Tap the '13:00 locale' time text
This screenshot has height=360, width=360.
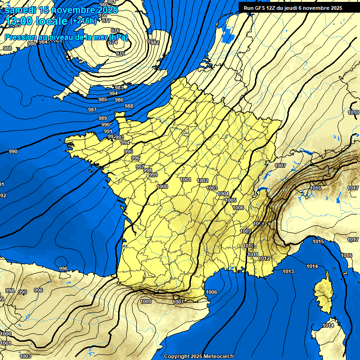pyautogui.click(x=36, y=21)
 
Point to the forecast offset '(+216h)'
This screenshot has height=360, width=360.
pyautogui.click(x=83, y=21)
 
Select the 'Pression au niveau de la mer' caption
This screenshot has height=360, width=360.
pyautogui.click(x=66, y=37)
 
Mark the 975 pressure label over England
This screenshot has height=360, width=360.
pyautogui.click(x=120, y=54)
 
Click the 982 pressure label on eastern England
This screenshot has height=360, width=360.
pyautogui.click(x=155, y=43)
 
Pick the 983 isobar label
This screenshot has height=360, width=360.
pyautogui.click(x=119, y=88)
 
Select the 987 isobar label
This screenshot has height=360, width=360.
pyautogui.click(x=92, y=110)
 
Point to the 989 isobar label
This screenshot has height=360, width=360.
pyautogui.click(x=103, y=119)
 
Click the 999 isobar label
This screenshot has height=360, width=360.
pyautogui.click(x=153, y=175)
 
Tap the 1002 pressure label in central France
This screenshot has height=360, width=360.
pyautogui.click(x=202, y=180)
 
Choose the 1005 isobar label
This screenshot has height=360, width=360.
pyautogui.click(x=231, y=200)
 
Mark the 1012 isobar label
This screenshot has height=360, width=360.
pyautogui.click(x=264, y=258)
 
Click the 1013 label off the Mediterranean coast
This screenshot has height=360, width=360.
pyautogui.click(x=288, y=272)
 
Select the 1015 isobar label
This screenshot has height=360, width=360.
pyautogui.click(x=318, y=241)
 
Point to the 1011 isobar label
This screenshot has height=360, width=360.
pyautogui.click(x=253, y=255)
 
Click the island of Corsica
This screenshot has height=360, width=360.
pyautogui.click(x=323, y=293)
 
